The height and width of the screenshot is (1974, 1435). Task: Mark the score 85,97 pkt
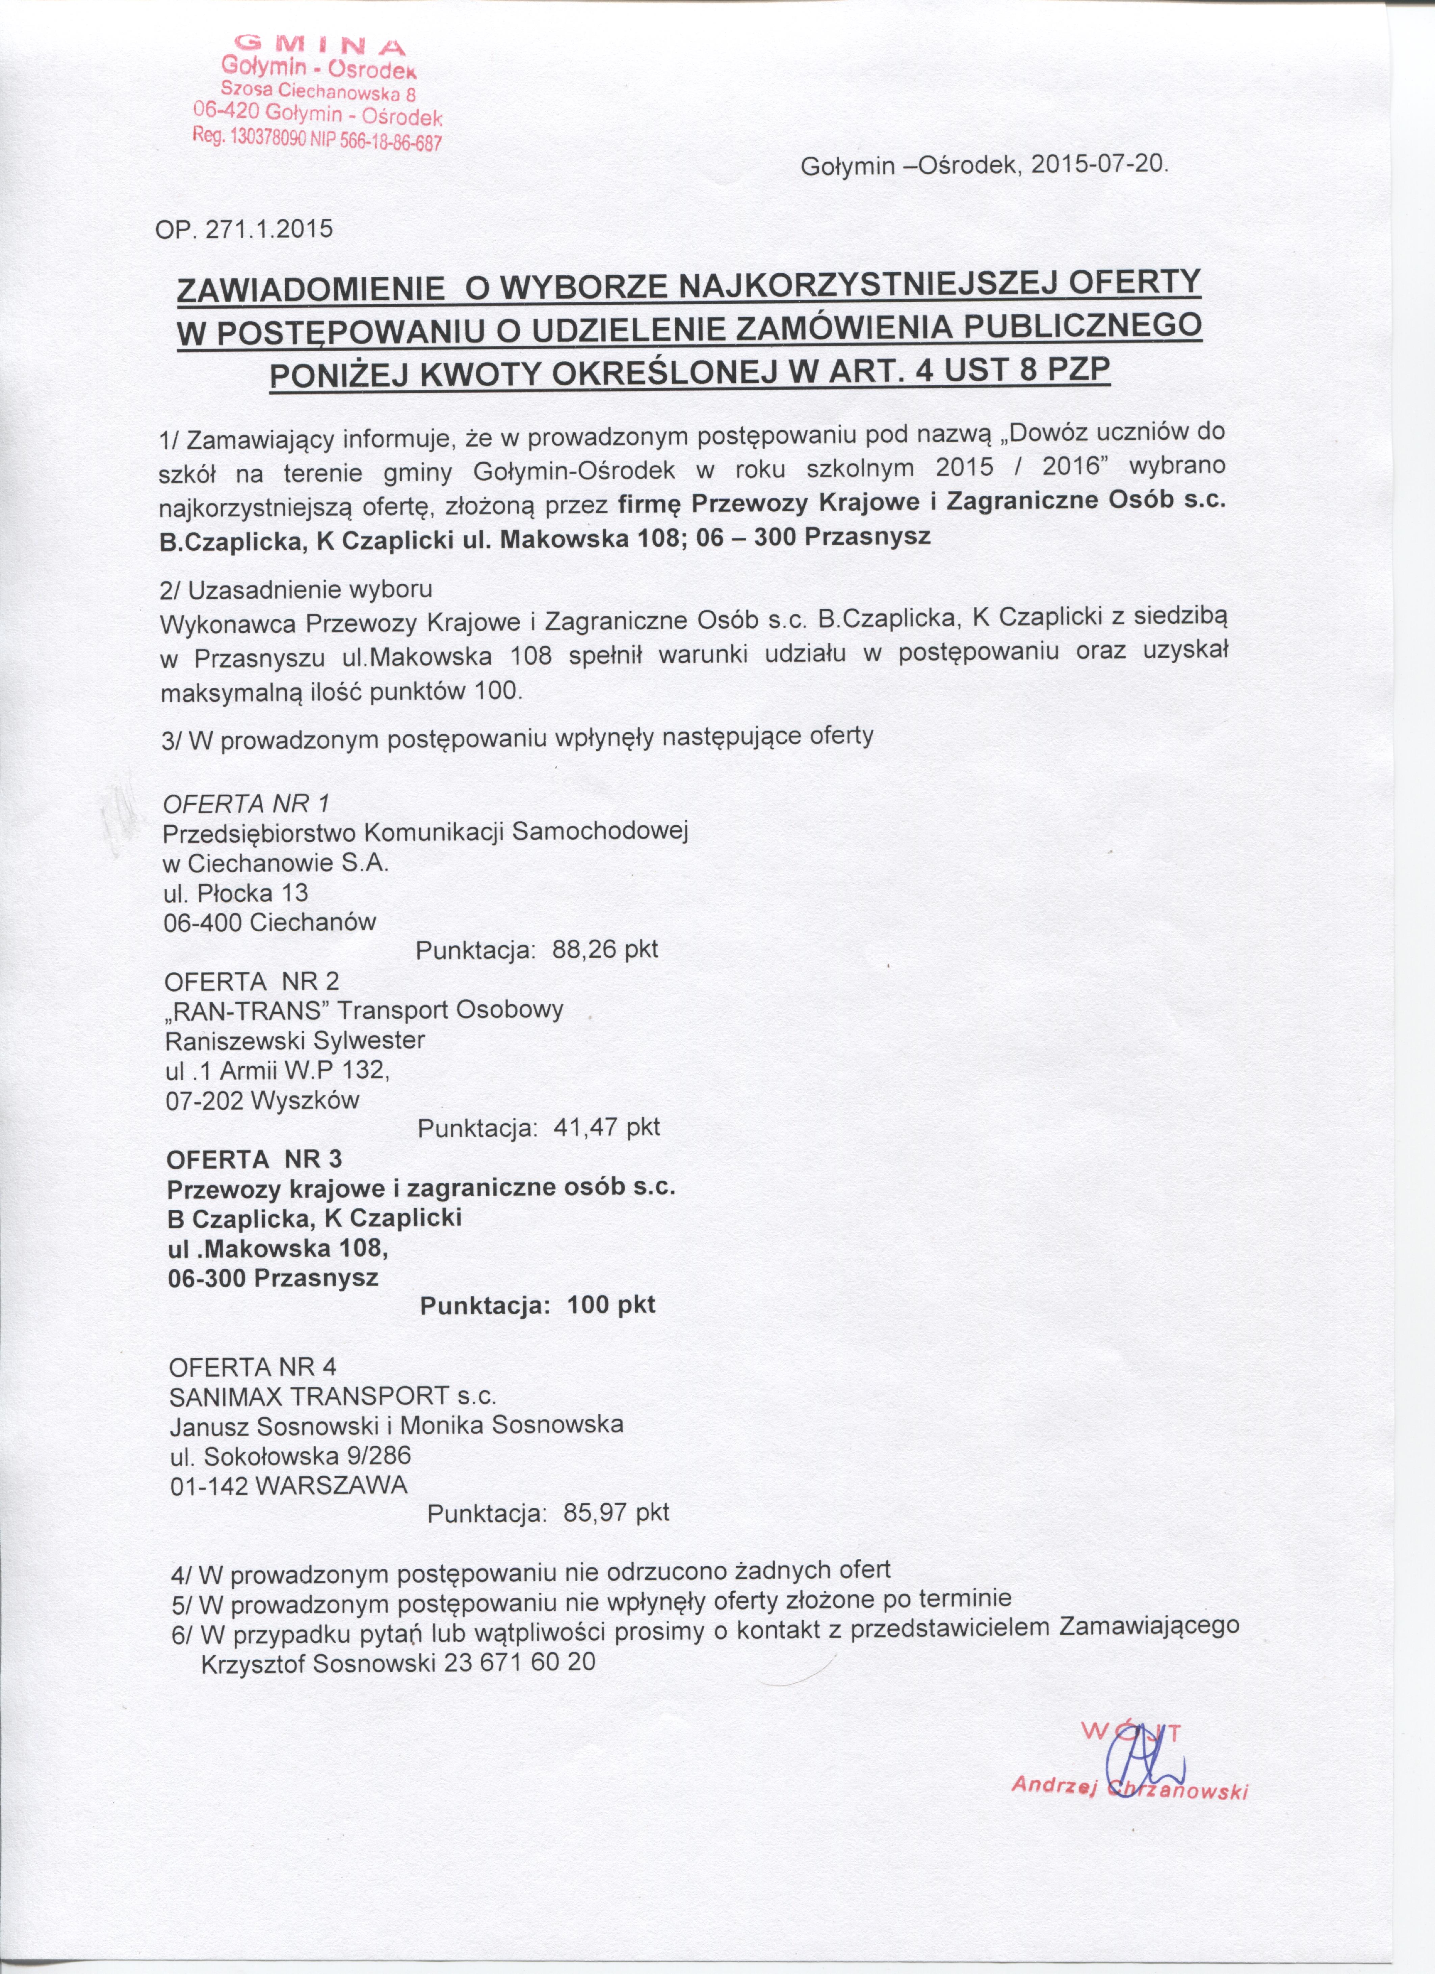pyautogui.click(x=616, y=1513)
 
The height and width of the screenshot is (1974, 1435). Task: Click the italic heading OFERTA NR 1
pyautogui.click(x=246, y=803)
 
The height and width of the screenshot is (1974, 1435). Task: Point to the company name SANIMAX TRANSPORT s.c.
pyautogui.click(x=333, y=1396)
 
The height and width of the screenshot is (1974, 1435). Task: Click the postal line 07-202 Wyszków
pyautogui.click(x=262, y=1100)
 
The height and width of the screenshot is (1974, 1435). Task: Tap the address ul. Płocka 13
pyautogui.click(x=235, y=893)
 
